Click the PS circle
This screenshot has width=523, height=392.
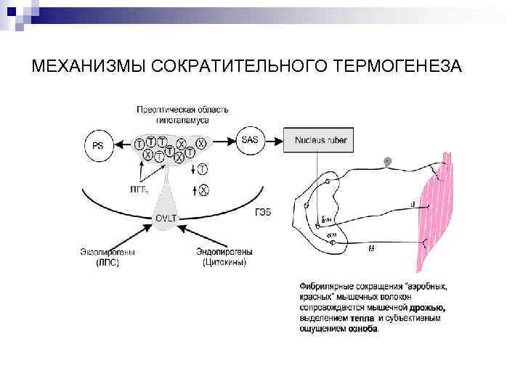click(98, 144)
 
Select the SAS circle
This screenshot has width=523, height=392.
click(249, 139)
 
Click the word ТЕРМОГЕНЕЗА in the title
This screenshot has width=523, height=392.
click(398, 67)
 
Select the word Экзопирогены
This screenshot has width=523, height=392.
click(108, 252)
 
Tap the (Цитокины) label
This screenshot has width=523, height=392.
click(224, 262)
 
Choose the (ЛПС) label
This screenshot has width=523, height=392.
click(108, 262)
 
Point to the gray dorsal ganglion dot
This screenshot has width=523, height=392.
click(387, 160)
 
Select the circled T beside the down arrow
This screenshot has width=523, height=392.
click(203, 168)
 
